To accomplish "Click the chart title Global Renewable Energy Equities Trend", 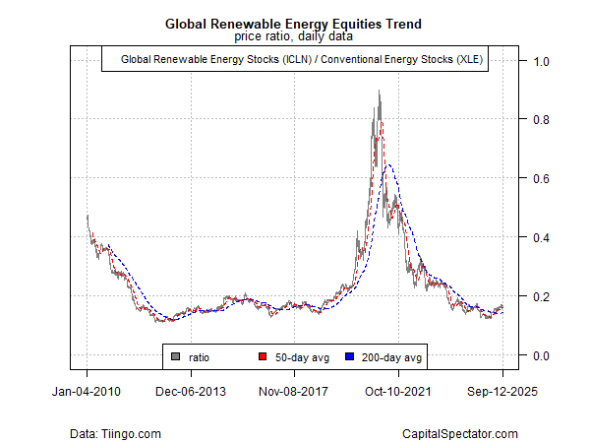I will click(295, 23).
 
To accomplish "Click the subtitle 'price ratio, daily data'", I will click(295, 36).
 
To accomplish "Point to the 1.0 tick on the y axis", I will click(542, 61).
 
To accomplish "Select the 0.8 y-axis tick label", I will click(542, 120).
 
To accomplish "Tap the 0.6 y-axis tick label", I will click(542, 178).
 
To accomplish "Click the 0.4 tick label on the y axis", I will click(542, 237).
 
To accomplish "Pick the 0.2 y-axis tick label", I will click(542, 296).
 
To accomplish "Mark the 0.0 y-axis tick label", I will click(542, 355).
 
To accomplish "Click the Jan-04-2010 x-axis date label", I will click(87, 390).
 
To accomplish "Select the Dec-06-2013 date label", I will click(191, 390).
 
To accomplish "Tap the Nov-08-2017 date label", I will click(295, 390).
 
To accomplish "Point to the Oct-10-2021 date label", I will click(399, 390).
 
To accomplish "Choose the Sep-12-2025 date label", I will click(502, 390).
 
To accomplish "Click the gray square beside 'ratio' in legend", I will click(176, 356).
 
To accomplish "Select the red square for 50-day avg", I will click(262, 356).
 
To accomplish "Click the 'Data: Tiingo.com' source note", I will click(116, 433).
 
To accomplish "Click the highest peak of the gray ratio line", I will click(380, 92).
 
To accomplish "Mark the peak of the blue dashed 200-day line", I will click(389, 164).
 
